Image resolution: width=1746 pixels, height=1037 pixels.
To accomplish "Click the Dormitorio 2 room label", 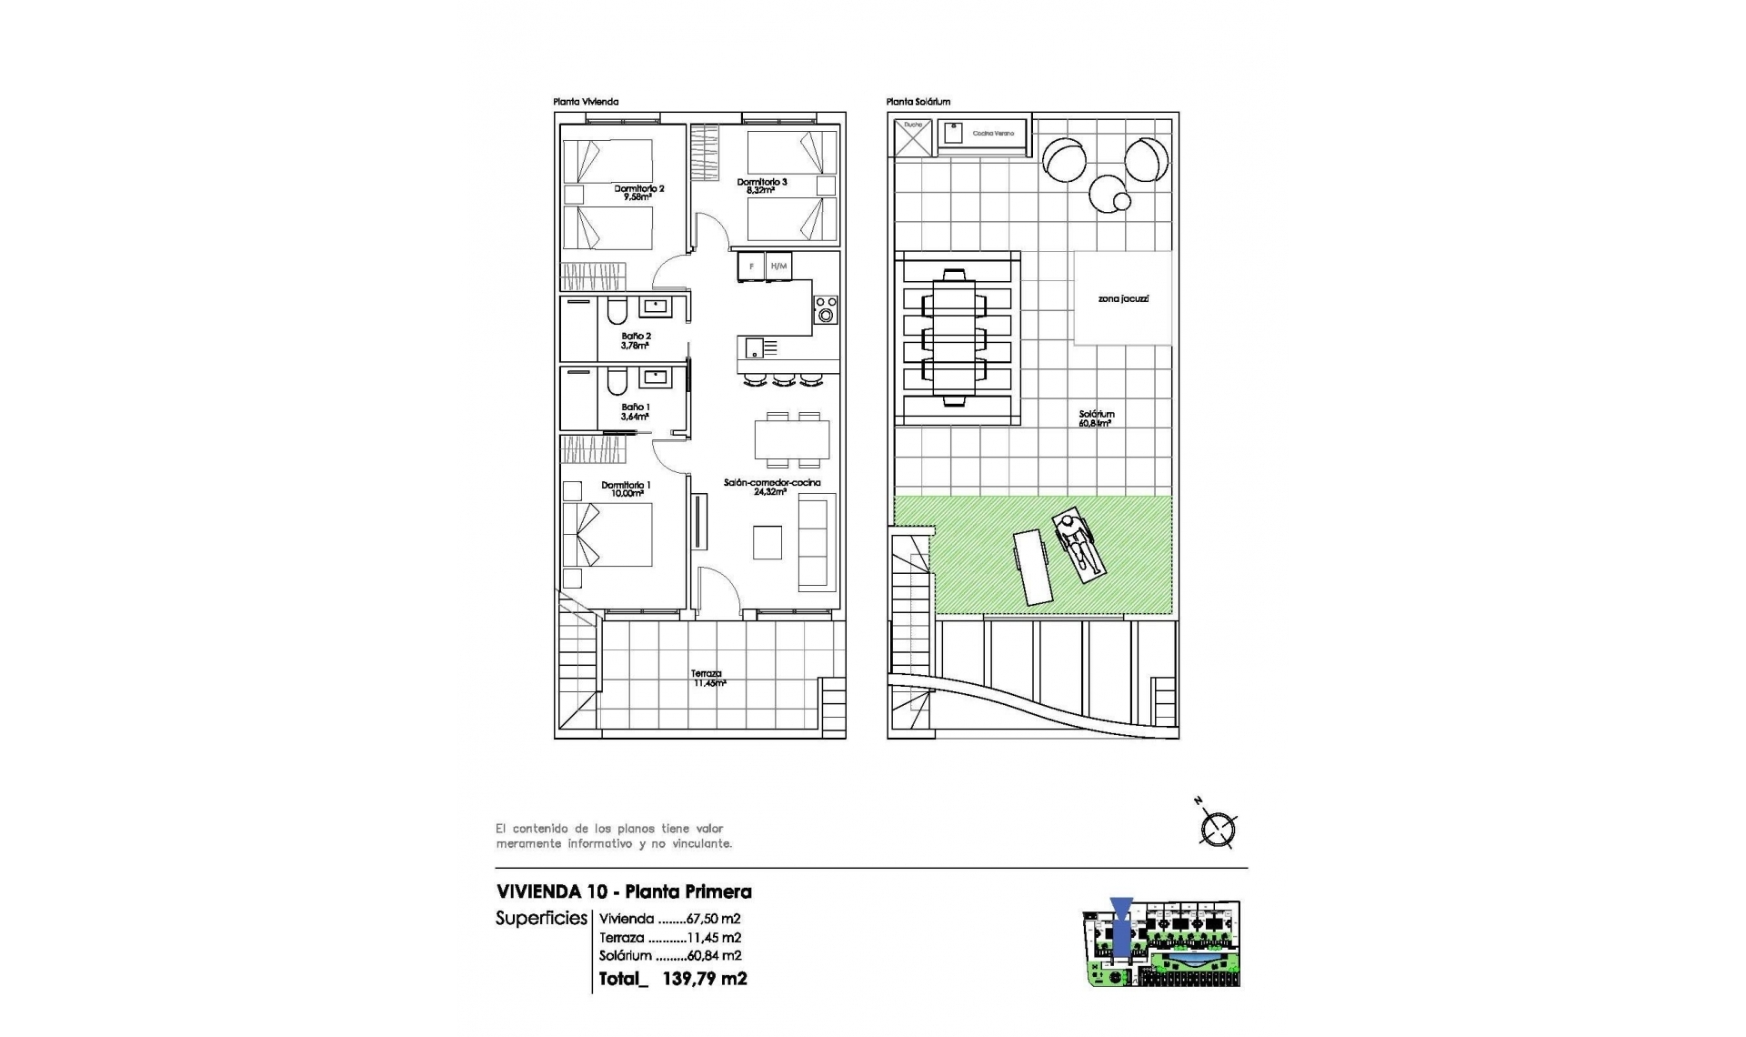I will point(638,192).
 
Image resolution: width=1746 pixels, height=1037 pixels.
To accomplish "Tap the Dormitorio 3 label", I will point(761,186).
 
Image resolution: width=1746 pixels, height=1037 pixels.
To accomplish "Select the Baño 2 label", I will point(636,340).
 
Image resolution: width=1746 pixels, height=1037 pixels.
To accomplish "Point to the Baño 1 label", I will point(635,411).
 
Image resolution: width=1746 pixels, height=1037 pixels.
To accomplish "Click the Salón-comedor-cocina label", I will point(771,487).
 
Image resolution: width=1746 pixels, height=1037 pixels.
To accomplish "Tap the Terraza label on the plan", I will point(707,678).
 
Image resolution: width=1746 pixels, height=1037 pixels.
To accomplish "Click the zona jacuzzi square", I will point(1122,298).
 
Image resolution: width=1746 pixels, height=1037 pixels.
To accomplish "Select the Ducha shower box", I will point(912,138).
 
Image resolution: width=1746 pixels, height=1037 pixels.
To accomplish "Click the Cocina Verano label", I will point(992,134).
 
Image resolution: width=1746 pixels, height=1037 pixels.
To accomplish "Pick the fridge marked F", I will point(751,267).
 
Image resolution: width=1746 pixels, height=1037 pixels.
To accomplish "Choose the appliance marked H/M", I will point(778,267).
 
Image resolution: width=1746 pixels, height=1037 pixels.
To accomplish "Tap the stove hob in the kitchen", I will point(825,309).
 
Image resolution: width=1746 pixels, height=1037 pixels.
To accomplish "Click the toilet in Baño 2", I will point(617,311).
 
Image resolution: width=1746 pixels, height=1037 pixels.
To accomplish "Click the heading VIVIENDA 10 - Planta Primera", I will point(624,891).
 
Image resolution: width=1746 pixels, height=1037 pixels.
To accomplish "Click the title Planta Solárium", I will point(918,102).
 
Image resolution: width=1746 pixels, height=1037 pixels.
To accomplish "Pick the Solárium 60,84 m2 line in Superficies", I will point(670,955).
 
